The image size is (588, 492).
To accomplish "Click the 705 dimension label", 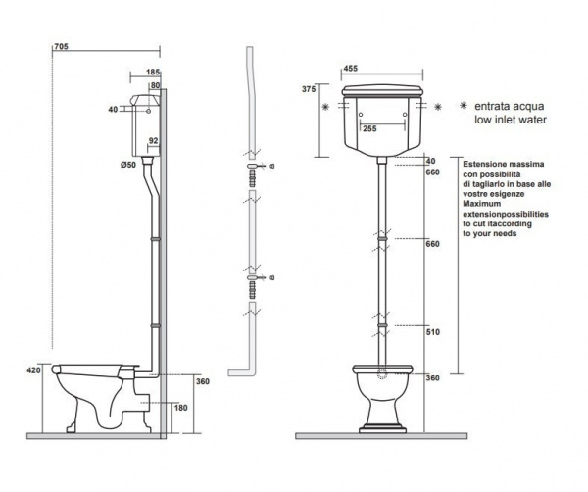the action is [x=61, y=46].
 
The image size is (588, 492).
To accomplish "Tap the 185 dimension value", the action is [x=153, y=72].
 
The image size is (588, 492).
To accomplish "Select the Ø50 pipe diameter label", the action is [x=128, y=165].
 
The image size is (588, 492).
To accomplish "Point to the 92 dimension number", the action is [x=154, y=140].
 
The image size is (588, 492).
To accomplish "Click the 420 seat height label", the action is [x=33, y=370].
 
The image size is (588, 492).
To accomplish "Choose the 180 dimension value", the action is [x=180, y=408].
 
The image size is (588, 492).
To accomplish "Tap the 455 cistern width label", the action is [x=351, y=68].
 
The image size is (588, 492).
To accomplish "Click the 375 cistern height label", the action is [x=309, y=89].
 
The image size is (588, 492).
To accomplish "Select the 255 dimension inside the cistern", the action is [x=369, y=128].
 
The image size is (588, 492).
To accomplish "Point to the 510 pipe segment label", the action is [x=433, y=332].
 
